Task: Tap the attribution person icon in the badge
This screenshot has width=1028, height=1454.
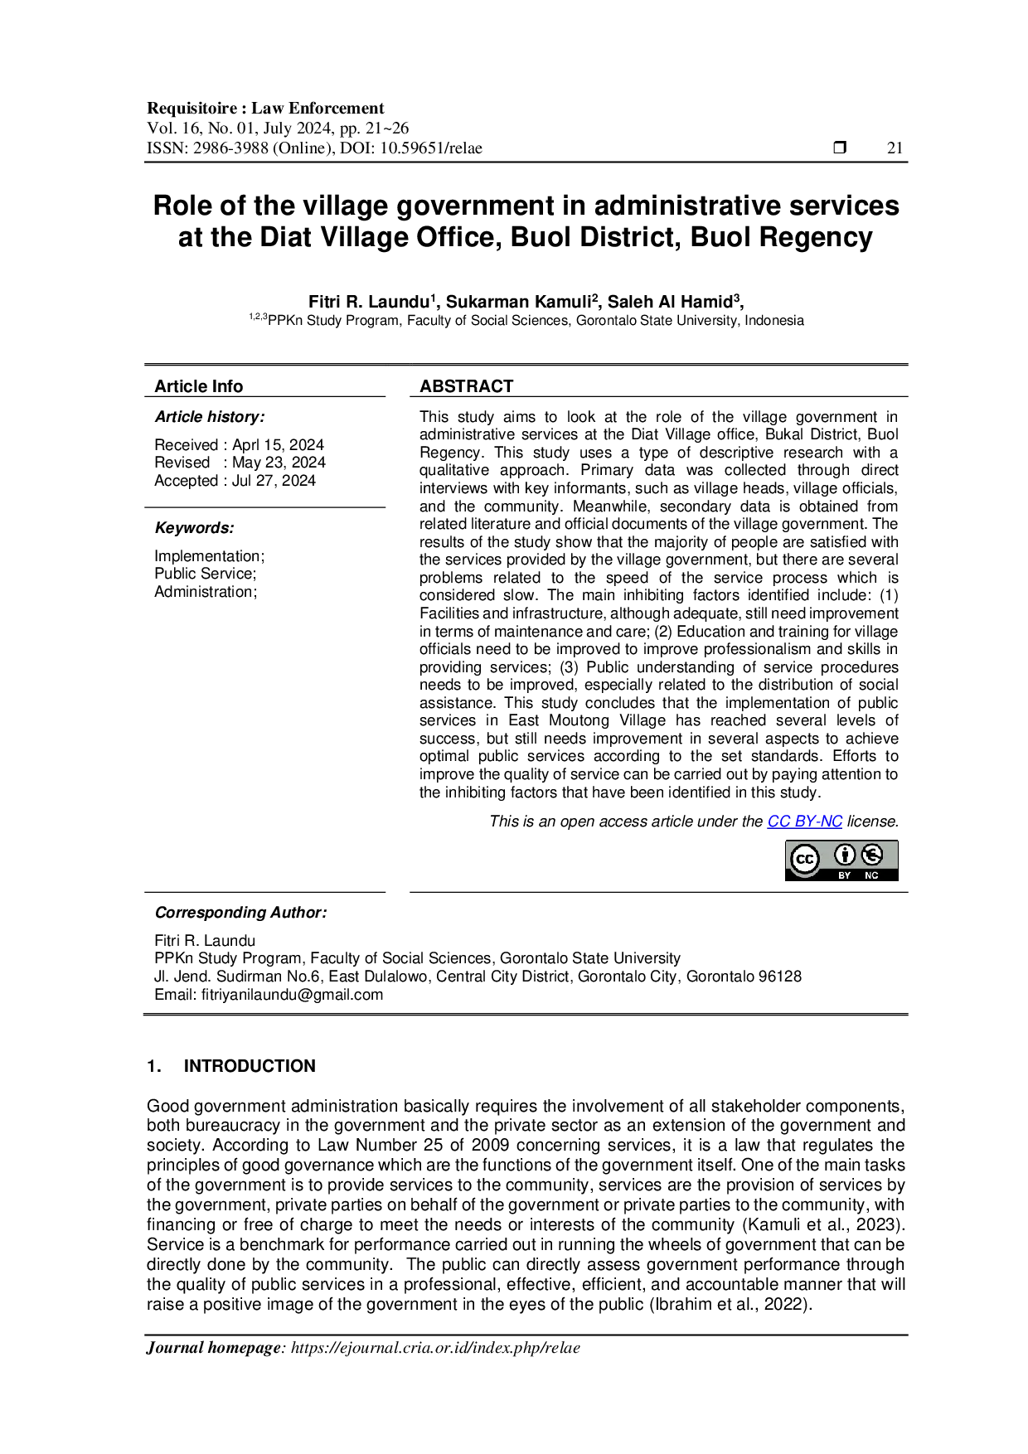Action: point(844,854)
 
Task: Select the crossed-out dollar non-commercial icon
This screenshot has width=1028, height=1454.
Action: point(871,854)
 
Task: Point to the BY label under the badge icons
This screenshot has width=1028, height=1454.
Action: point(844,875)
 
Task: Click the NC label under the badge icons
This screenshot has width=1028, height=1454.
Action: point(871,875)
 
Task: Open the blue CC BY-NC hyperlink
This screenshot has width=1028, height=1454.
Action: point(805,821)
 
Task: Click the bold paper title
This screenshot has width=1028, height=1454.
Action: point(526,222)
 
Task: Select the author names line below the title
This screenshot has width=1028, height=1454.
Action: point(526,299)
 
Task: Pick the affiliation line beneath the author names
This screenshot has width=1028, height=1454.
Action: point(526,321)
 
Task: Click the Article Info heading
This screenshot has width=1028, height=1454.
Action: point(199,385)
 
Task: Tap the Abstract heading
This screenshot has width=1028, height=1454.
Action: point(467,385)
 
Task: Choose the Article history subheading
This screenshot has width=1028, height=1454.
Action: point(208,417)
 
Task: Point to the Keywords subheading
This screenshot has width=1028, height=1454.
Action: point(196,527)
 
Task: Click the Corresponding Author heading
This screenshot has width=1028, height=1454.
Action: point(241,914)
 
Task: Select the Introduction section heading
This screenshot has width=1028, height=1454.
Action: point(249,1064)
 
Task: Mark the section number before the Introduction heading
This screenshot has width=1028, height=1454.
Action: point(154,1064)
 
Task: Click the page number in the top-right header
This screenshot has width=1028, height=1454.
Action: point(894,151)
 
